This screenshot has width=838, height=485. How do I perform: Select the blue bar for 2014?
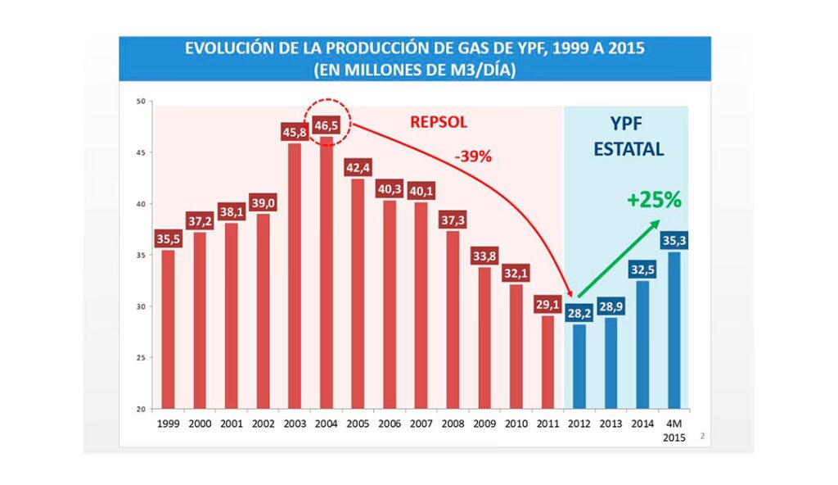click(642, 345)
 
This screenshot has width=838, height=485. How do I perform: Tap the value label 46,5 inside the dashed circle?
click(326, 125)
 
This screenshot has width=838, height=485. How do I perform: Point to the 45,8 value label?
click(294, 131)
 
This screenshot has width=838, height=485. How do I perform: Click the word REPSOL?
click(439, 122)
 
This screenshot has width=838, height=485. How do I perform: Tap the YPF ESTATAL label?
click(628, 136)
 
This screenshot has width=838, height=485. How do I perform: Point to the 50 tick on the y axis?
click(140, 102)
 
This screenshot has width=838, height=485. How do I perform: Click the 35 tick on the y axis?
click(140, 256)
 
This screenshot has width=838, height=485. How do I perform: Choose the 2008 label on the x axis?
click(453, 424)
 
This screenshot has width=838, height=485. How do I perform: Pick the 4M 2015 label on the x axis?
click(674, 430)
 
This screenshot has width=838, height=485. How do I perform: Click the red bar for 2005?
click(358, 294)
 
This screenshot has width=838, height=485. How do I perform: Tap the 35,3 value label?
click(674, 239)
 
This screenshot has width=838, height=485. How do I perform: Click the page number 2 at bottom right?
click(701, 437)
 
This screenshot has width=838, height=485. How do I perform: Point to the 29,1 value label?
click(547, 303)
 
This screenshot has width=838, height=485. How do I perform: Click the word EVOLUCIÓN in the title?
click(226, 48)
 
